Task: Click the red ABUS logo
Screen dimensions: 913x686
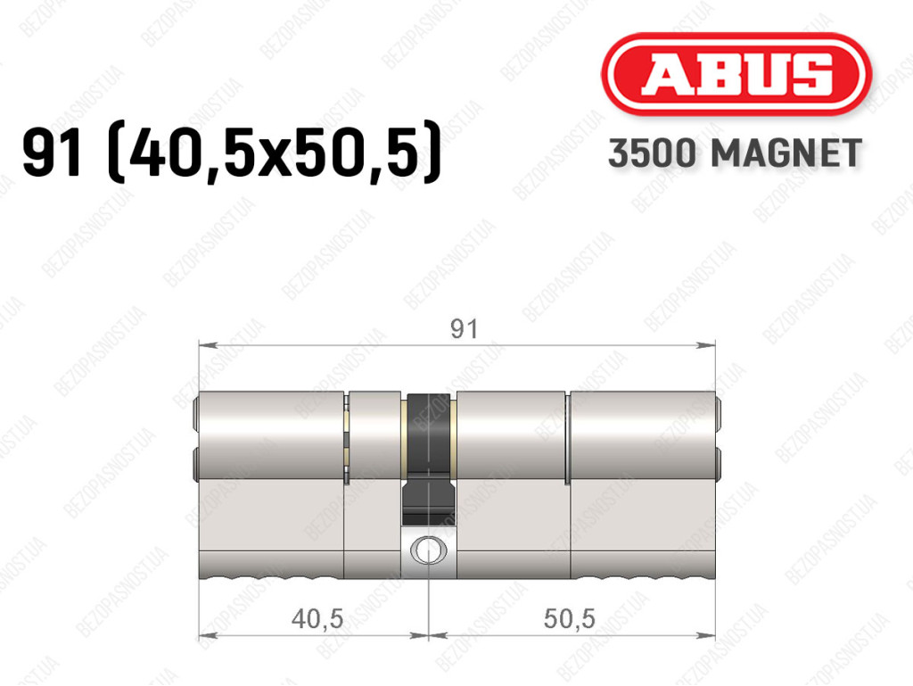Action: point(736,73)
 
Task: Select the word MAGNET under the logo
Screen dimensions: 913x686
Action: point(786,153)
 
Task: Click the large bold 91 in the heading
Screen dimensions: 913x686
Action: point(52,153)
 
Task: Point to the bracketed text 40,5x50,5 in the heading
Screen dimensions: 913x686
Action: point(275,153)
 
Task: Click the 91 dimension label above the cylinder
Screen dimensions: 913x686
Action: point(464,329)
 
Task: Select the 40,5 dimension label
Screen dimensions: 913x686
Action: point(317,618)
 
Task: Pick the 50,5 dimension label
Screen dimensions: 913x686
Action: point(570,618)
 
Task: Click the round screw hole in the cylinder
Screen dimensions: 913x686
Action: point(429,550)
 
